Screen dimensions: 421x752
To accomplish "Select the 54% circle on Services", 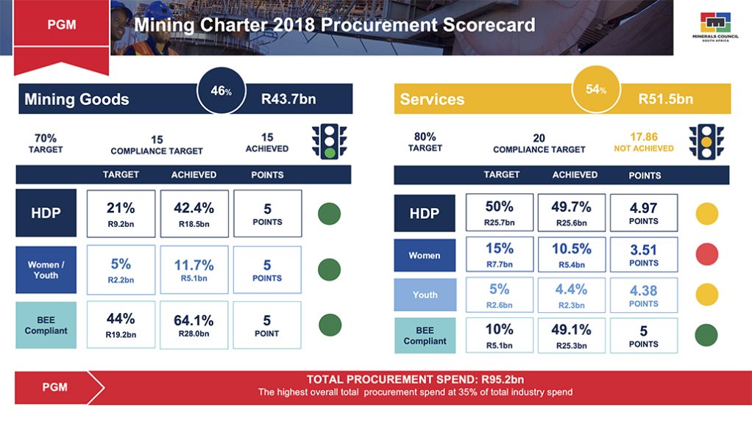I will tap(597, 90).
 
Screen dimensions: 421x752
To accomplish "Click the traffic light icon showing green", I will tap(329, 142).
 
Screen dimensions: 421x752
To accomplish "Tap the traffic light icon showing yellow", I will tap(706, 143).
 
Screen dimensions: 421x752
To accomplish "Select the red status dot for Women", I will tap(707, 255).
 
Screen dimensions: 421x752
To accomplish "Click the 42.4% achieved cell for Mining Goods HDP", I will tap(194, 214).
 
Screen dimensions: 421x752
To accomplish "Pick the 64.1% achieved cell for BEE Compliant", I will tap(194, 325).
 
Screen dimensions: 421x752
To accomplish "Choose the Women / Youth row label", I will tap(46, 270).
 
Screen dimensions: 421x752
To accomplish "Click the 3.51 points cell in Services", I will tap(643, 255).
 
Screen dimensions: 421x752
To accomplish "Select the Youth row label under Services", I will tap(425, 295).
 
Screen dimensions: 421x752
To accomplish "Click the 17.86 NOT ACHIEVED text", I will tap(643, 142).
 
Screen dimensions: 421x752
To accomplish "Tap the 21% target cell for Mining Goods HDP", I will tap(121, 214).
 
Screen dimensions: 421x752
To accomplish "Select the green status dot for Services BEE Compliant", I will tap(707, 336).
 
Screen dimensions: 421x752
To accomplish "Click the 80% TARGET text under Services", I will tap(425, 142).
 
